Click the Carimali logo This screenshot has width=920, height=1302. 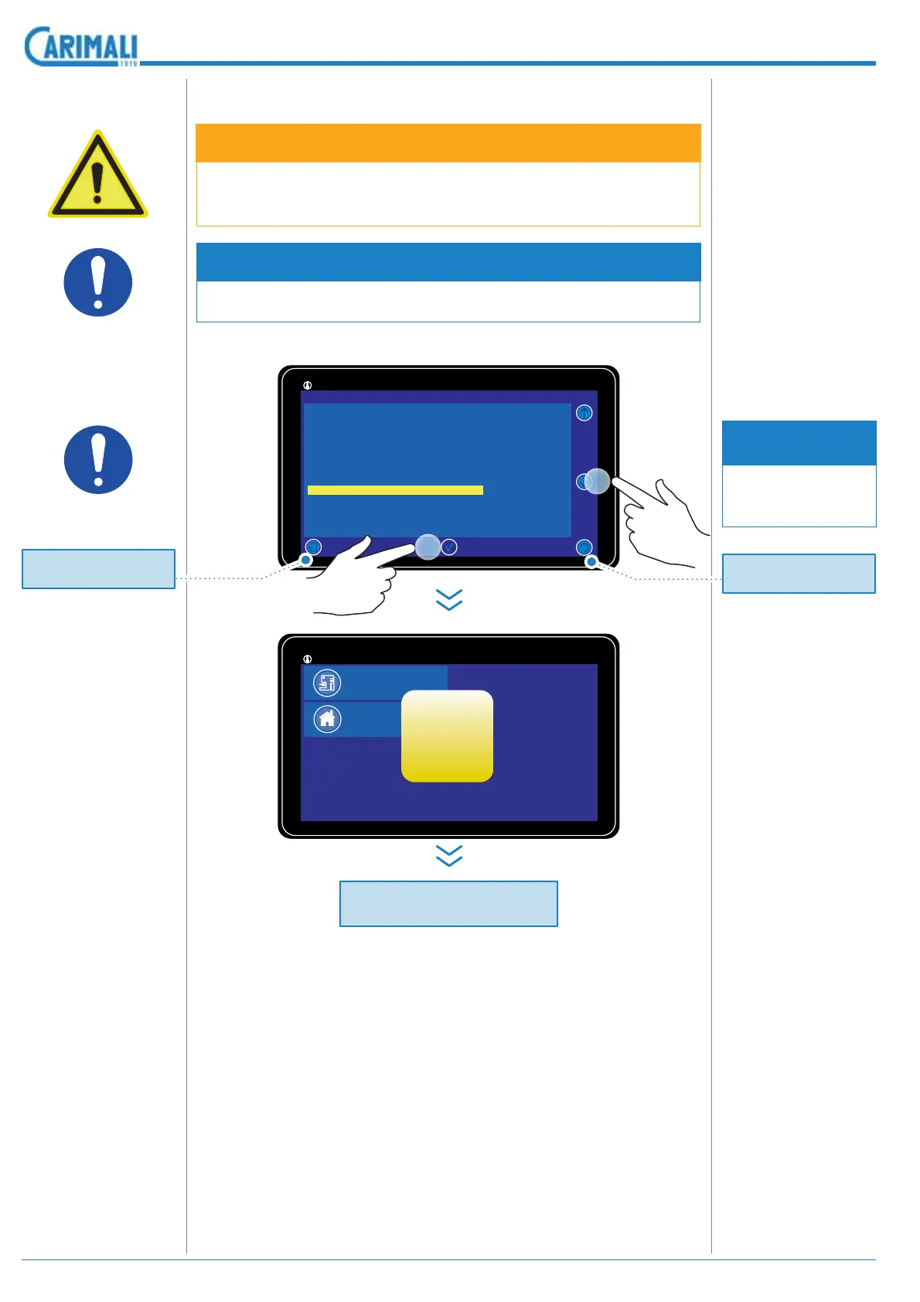pyautogui.click(x=81, y=46)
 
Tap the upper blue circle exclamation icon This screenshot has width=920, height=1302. pyautogui.click(x=97, y=282)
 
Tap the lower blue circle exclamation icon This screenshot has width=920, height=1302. pyautogui.click(x=97, y=460)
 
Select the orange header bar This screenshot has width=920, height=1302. pyautogui.click(x=448, y=143)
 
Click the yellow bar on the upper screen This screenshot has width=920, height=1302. pyautogui.click(x=395, y=490)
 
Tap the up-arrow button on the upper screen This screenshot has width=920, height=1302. pyautogui.click(x=584, y=413)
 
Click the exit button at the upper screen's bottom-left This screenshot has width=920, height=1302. pyautogui.click(x=313, y=547)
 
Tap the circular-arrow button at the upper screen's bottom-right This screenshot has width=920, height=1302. pyautogui.click(x=584, y=547)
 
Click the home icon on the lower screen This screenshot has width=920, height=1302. pyautogui.click(x=327, y=719)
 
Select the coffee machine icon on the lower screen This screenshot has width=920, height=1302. pyautogui.click(x=327, y=683)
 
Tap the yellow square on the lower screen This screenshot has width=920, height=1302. pyautogui.click(x=447, y=736)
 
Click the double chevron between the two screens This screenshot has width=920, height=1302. pyautogui.click(x=449, y=599)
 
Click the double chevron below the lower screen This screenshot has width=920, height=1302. pyautogui.click(x=449, y=855)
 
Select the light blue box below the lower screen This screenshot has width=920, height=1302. pyautogui.click(x=448, y=903)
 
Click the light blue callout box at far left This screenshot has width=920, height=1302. pyautogui.click(x=98, y=569)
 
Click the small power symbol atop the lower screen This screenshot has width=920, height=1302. pyautogui.click(x=308, y=659)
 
